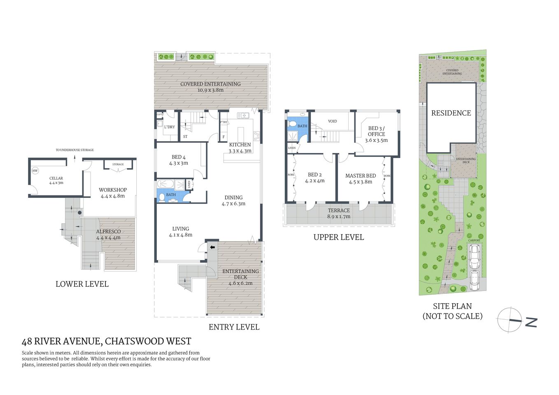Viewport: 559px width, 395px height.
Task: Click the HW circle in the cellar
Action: [35, 171]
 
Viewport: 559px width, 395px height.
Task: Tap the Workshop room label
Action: [112, 190]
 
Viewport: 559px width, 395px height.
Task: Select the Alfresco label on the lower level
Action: [108, 232]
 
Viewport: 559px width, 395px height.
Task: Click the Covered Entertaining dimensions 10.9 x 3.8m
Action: [210, 90]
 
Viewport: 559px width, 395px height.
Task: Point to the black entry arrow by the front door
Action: [213, 247]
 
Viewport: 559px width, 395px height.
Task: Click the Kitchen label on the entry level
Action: [240, 145]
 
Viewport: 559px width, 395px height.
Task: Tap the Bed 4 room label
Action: [178, 157]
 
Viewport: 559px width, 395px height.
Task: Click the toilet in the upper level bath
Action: [292, 123]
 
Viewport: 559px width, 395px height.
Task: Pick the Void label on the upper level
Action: [332, 121]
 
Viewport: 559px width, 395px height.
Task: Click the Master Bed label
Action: [361, 176]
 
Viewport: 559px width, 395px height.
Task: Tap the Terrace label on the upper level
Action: [339, 211]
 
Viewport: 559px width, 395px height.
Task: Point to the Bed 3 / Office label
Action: [376, 131]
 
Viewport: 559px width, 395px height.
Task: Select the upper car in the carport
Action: [474, 255]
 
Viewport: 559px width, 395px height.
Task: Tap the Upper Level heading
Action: [338, 237]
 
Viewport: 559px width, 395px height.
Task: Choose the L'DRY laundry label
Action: [169, 127]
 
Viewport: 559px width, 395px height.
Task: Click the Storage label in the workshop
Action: [118, 165]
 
